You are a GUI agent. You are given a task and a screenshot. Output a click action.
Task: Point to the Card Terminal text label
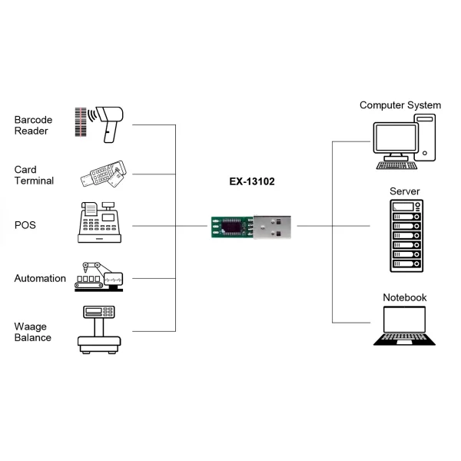[34, 175]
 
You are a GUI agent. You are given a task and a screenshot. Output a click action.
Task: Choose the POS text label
[25, 226]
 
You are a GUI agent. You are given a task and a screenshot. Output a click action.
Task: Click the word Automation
[40, 278]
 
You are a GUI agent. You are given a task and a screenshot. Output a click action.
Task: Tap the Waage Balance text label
[33, 332]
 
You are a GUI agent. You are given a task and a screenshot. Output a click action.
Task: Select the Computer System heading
[400, 105]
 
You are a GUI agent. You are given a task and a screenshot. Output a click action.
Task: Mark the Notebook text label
[404, 297]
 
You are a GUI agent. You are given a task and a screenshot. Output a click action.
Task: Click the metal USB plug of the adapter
[273, 227]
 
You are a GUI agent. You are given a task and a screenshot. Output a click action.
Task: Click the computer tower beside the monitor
[425, 138]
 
